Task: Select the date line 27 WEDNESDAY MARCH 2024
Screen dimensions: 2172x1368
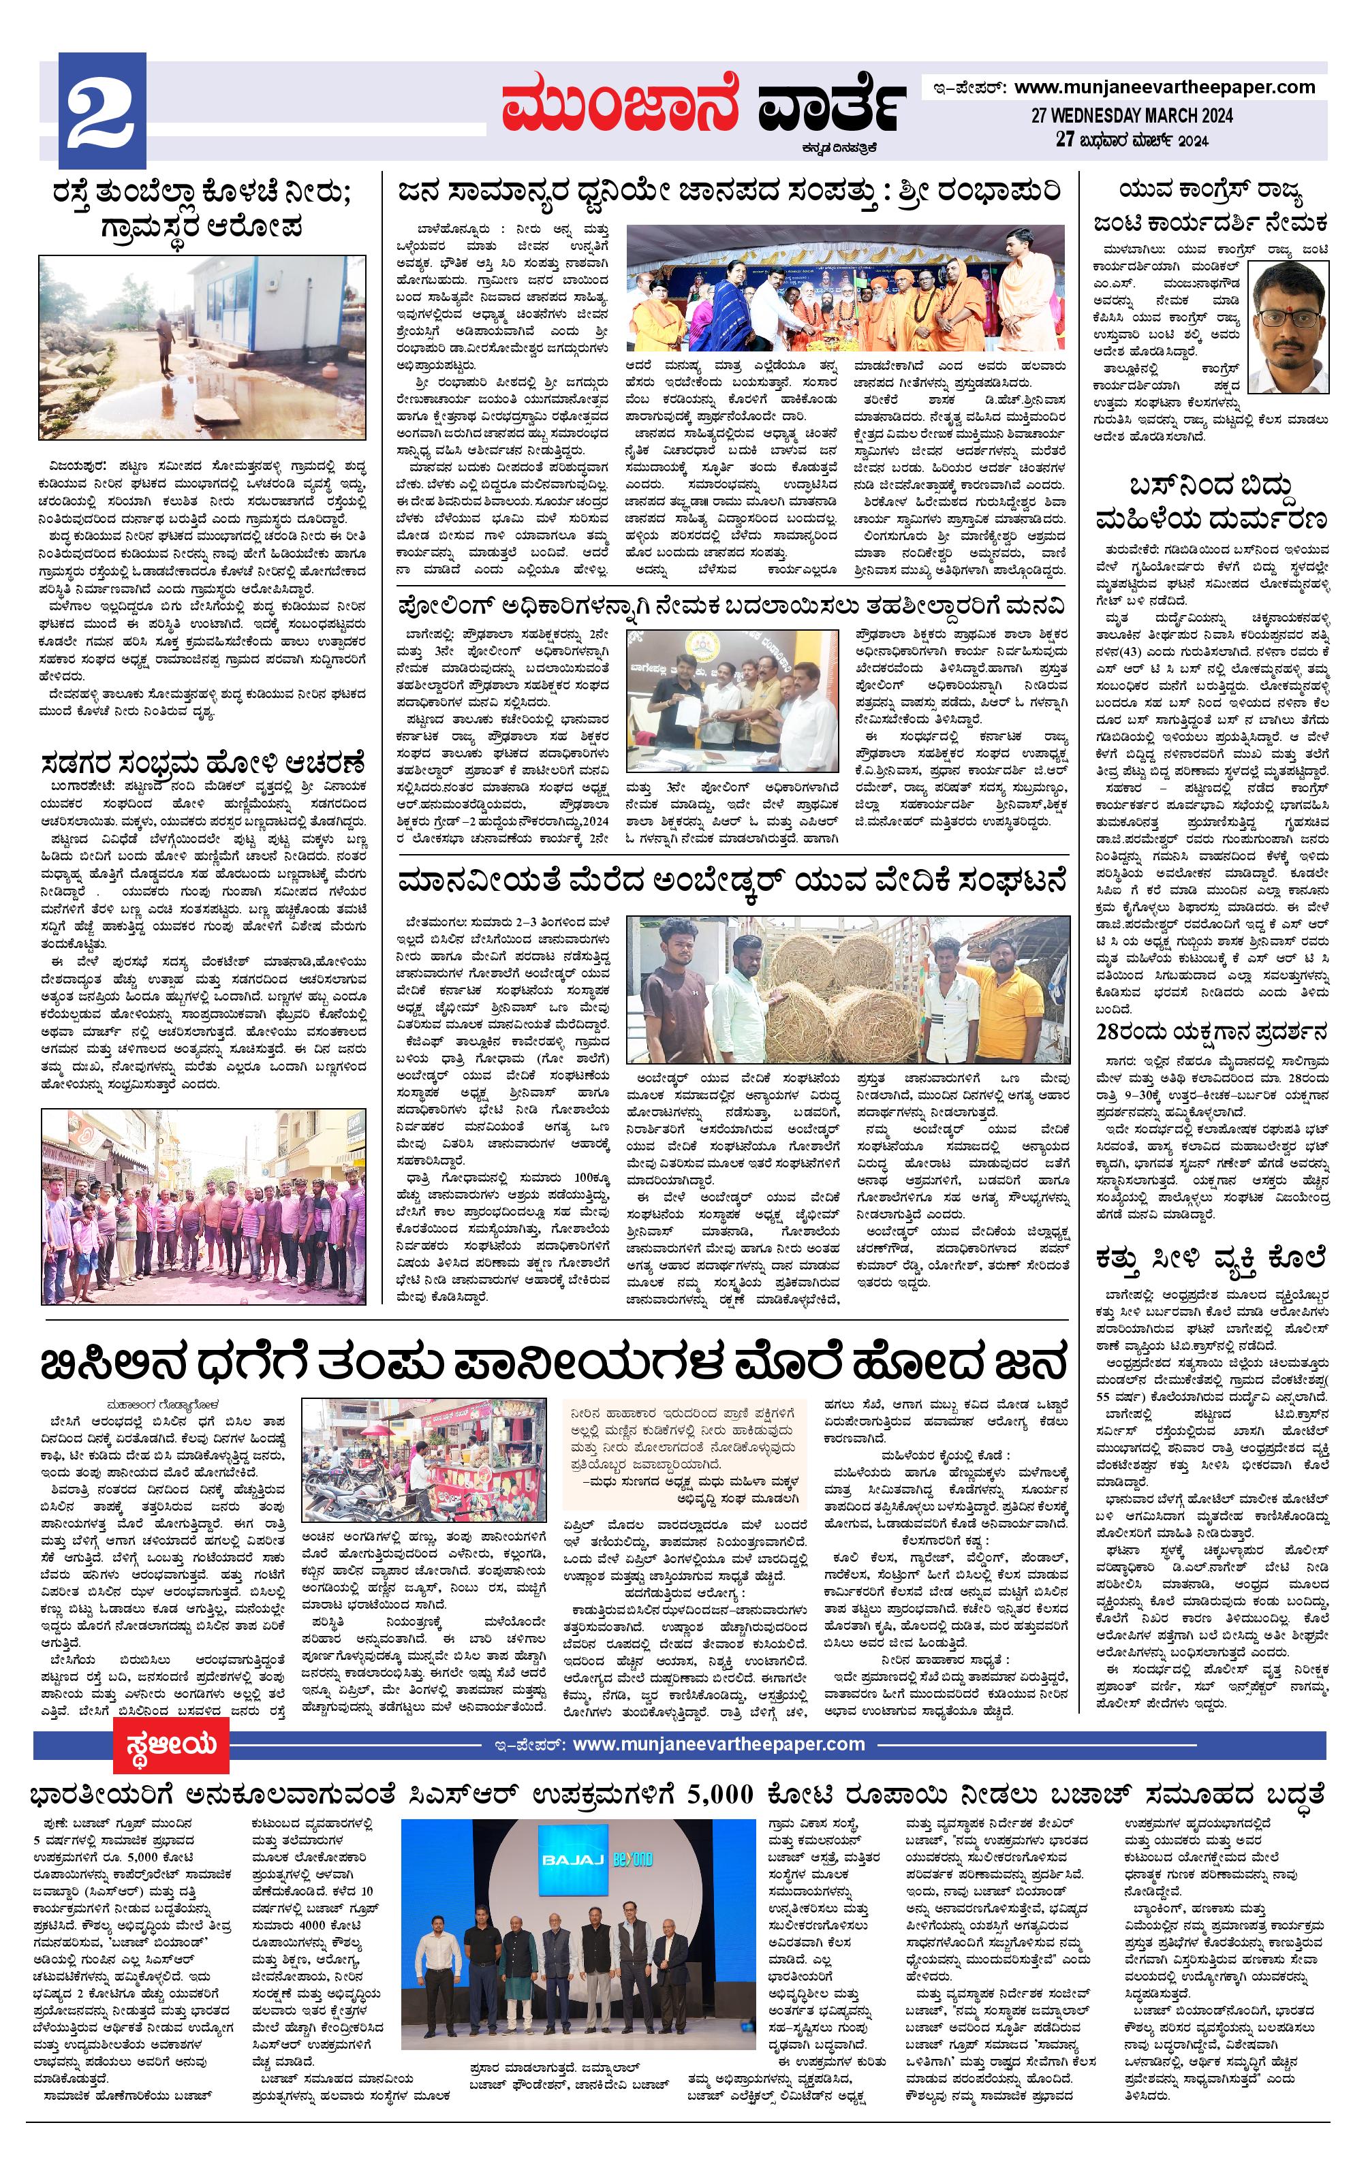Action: pos(1132,116)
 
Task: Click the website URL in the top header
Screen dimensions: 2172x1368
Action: pos(1164,87)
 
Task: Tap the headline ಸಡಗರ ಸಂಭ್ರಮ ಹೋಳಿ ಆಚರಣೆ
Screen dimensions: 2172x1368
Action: pos(203,763)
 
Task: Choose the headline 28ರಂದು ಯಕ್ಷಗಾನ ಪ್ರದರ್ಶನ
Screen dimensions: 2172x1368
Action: pos(1211,1031)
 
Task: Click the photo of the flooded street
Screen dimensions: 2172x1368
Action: pos(203,351)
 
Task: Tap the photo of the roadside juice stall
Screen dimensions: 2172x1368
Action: pos(424,1468)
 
